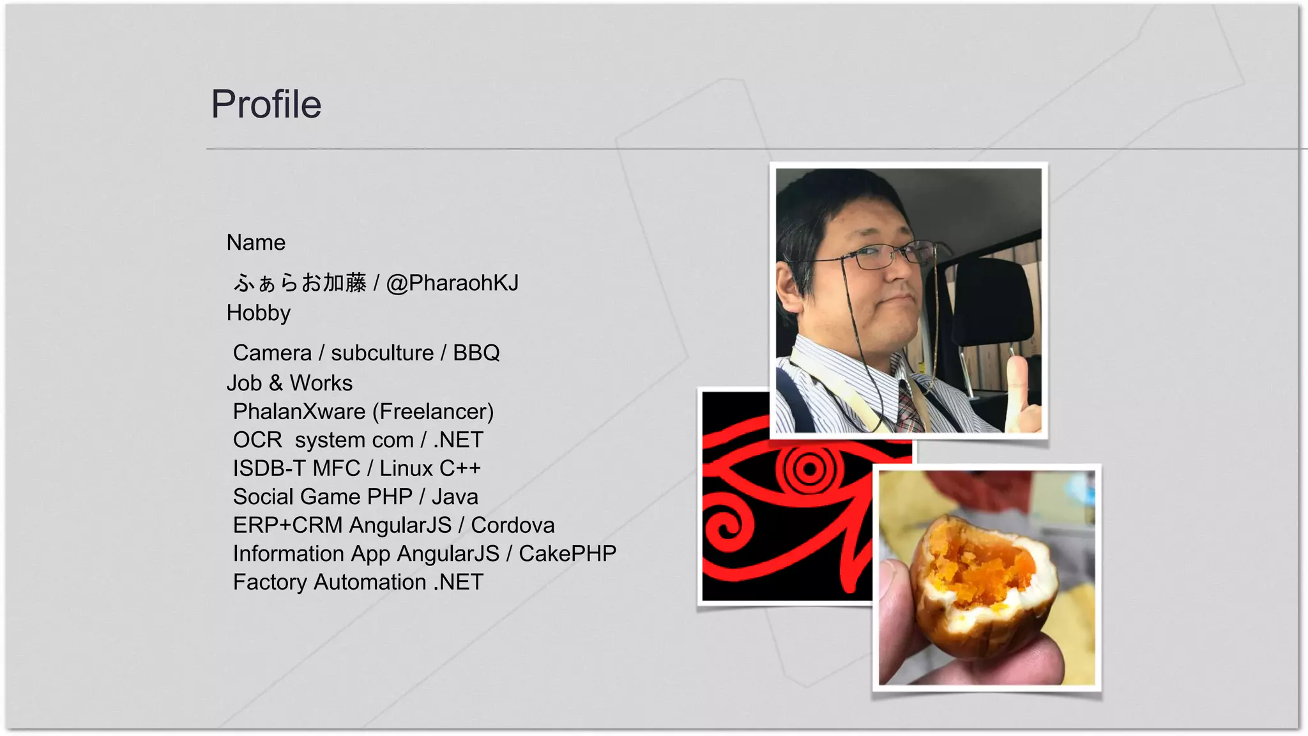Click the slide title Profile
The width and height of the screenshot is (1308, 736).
coord(266,104)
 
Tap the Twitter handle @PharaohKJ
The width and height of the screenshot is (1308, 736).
coord(452,282)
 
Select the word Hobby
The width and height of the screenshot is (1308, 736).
coord(258,313)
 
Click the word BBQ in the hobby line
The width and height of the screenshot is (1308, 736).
coord(476,353)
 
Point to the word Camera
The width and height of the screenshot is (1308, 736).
coord(272,353)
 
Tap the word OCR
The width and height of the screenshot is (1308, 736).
coord(257,440)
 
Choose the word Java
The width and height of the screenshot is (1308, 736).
coord(455,496)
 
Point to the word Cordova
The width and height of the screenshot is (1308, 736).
coord(513,525)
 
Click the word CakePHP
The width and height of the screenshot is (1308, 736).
coord(567,553)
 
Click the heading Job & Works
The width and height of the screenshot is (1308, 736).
coord(289,383)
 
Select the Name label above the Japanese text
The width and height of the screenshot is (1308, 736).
coord(255,243)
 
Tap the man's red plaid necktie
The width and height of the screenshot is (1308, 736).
coord(909,409)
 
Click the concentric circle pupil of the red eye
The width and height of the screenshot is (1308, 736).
coord(809,470)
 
